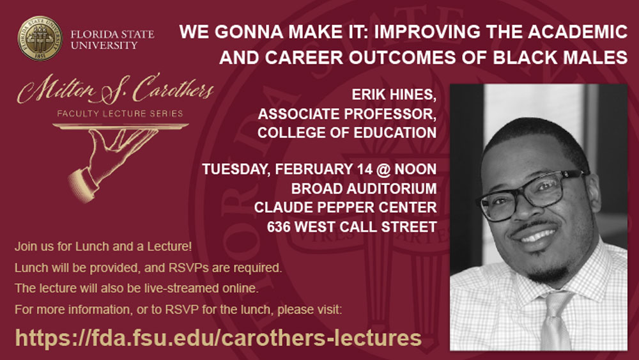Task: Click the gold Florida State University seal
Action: pyautogui.click(x=40, y=38)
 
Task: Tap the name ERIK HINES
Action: pyautogui.click(x=394, y=95)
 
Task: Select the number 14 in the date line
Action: pyautogui.click(x=365, y=169)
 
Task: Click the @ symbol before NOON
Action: pyautogui.click(x=383, y=169)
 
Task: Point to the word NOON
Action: pyautogui.click(x=415, y=169)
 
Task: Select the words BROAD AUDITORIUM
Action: pyautogui.click(x=364, y=189)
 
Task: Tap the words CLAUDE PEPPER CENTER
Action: pyautogui.click(x=345, y=207)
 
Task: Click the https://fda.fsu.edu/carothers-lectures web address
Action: pyautogui.click(x=218, y=338)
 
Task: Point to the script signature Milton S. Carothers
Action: pyautogui.click(x=115, y=89)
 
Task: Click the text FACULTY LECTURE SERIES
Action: pyautogui.click(x=120, y=113)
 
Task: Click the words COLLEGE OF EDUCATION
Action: pyautogui.click(x=347, y=132)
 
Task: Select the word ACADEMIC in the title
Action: pyautogui.click(x=578, y=32)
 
